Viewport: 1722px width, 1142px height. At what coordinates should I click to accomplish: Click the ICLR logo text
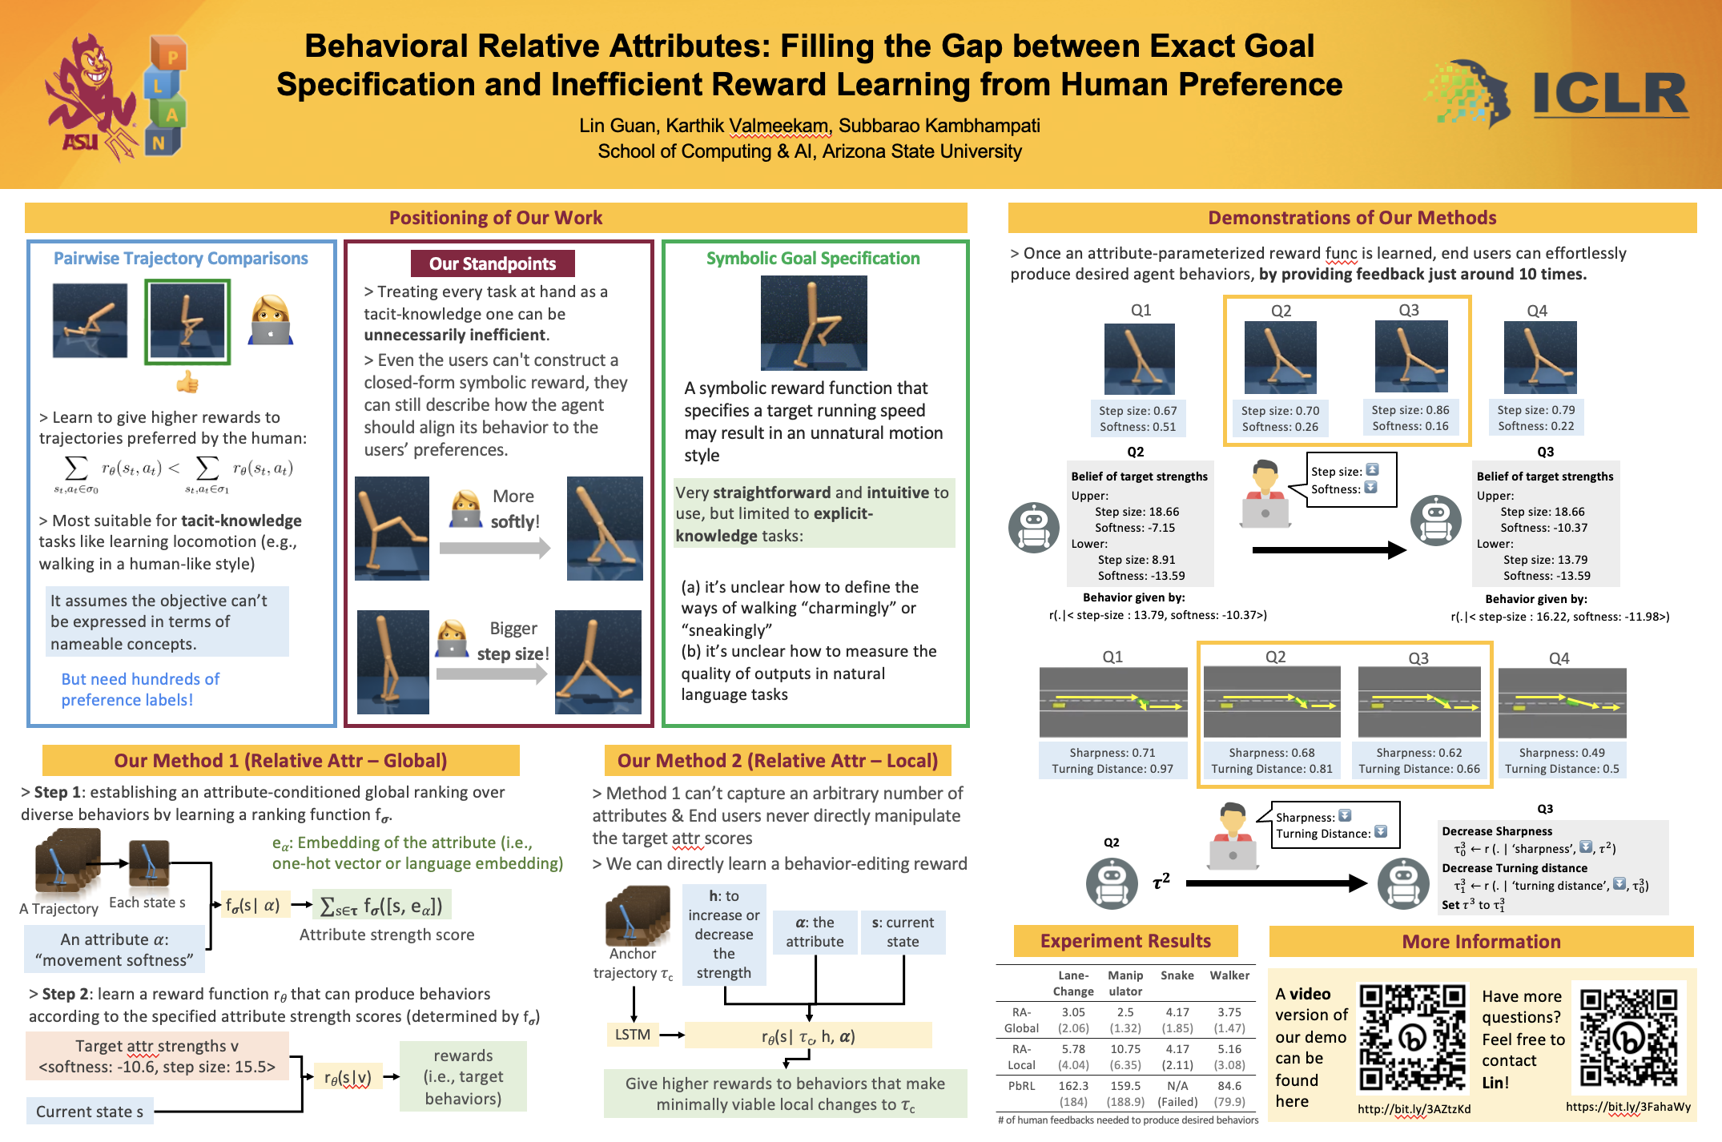(x=1610, y=95)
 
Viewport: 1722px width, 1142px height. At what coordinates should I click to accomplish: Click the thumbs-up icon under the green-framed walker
(x=187, y=382)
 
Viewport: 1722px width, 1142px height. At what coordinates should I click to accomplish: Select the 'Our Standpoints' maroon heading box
(x=493, y=263)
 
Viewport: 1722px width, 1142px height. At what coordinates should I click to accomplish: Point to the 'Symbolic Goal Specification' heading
(x=813, y=258)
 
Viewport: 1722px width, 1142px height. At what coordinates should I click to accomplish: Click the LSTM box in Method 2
(x=632, y=1034)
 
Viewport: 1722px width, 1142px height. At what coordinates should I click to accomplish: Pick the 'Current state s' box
(x=90, y=1111)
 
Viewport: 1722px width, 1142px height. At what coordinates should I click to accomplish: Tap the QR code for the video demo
(x=1413, y=1038)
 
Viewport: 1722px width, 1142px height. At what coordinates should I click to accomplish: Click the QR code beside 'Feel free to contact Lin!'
(x=1628, y=1038)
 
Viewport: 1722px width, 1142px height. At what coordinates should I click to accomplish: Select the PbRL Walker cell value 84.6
(x=1229, y=1086)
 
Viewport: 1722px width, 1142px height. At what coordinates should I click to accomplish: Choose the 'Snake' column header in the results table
(x=1177, y=975)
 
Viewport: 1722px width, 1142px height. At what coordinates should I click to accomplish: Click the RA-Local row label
(x=1021, y=1057)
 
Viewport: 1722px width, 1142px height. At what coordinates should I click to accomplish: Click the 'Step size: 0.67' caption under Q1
(x=1137, y=410)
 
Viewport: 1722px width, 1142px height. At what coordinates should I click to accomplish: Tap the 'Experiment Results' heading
(x=1125, y=941)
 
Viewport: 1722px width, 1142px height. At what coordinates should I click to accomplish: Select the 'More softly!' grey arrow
(x=494, y=548)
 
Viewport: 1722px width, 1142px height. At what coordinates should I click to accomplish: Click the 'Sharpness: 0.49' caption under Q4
(x=1561, y=753)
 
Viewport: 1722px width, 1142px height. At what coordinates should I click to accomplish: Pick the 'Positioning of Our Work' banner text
(x=496, y=218)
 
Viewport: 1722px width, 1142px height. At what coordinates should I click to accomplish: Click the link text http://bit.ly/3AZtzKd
(x=1414, y=1109)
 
